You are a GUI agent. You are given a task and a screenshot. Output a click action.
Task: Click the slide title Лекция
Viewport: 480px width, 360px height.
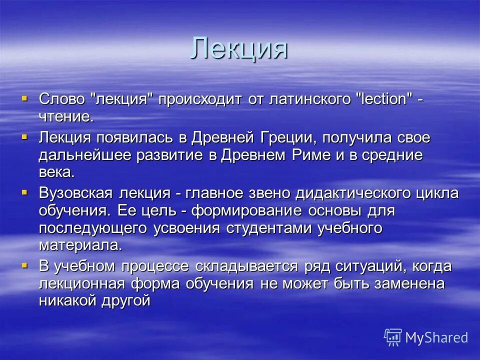(239, 49)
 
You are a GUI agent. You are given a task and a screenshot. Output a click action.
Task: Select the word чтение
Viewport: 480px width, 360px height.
(66, 117)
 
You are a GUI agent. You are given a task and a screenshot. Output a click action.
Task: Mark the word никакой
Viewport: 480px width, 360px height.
(66, 301)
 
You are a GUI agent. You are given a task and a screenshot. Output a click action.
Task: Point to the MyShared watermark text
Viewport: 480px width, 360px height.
(436, 337)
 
